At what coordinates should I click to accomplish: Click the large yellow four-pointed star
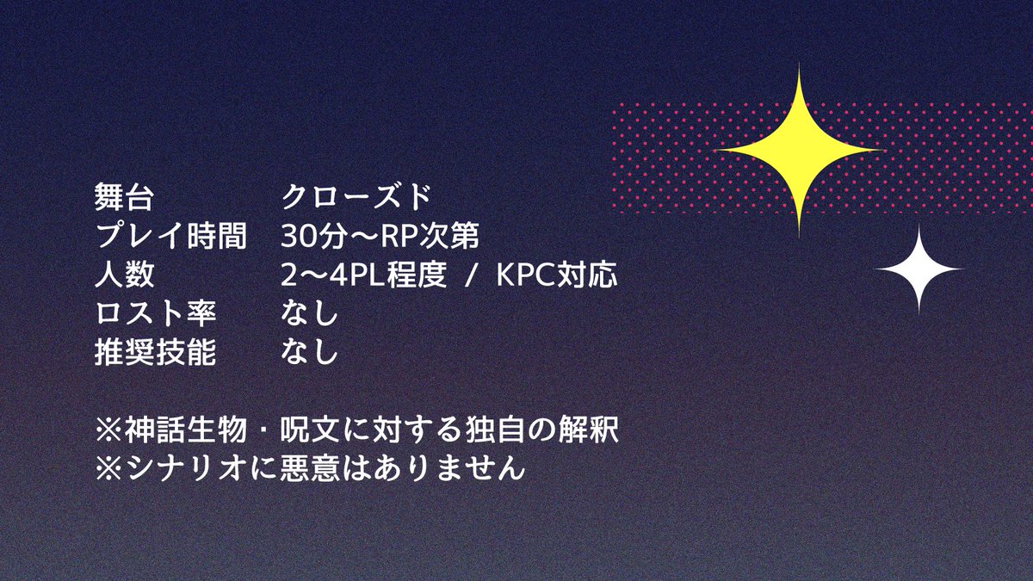799,151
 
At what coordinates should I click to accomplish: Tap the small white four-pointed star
919,270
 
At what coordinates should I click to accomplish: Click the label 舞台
124,198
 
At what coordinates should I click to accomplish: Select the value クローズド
356,198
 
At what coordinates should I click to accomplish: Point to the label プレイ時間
170,237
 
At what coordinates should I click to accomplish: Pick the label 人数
124,275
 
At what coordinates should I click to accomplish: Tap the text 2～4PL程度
364,275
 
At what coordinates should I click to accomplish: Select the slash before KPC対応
472,275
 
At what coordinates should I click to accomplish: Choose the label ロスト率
155,314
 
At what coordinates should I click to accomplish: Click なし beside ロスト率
309,314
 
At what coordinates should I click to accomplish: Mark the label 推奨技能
155,353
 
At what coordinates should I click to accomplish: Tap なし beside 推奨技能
309,353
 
